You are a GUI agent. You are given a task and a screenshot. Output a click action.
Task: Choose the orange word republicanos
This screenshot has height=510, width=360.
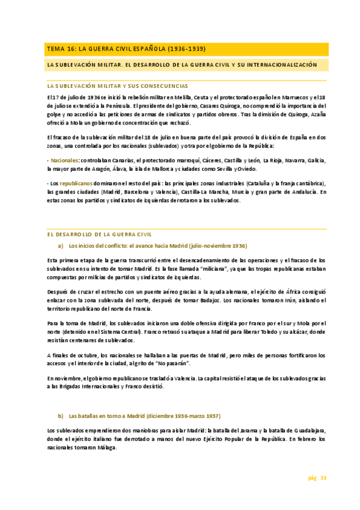coord(76,183)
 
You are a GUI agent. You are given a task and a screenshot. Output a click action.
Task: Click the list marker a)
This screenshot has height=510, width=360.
coord(60,246)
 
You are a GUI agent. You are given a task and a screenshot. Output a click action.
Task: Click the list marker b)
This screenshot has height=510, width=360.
coord(60,416)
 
